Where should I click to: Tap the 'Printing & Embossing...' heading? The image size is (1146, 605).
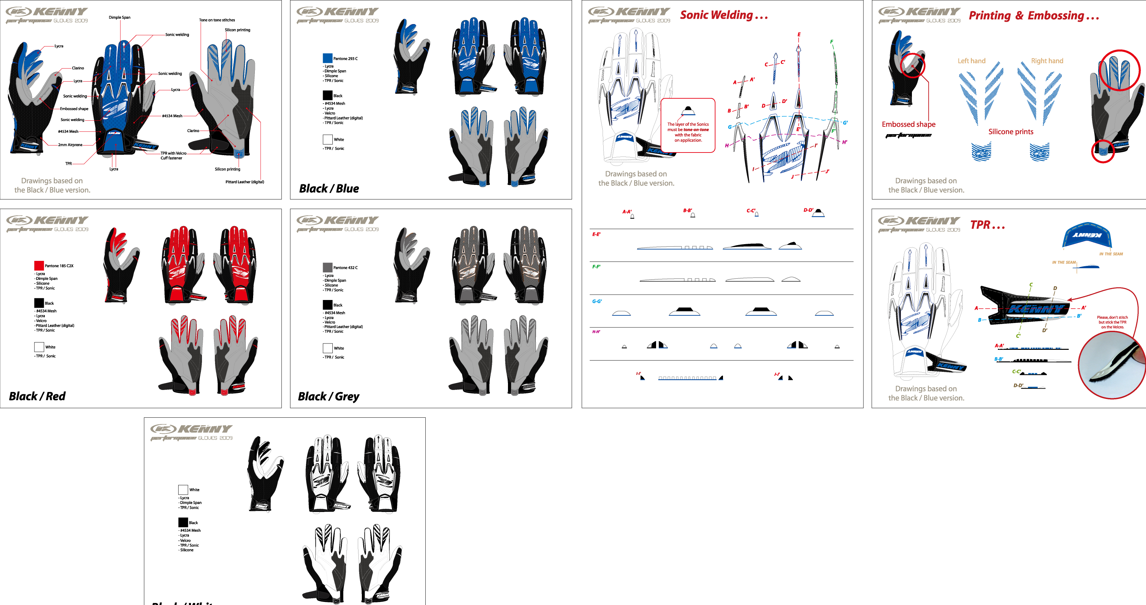point(1033,16)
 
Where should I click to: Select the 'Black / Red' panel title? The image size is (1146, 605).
point(37,396)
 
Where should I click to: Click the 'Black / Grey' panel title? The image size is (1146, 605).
point(329,396)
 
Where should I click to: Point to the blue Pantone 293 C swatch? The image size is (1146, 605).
point(327,58)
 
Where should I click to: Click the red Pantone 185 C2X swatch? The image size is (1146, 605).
point(39,266)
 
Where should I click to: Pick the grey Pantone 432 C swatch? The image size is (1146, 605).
point(327,267)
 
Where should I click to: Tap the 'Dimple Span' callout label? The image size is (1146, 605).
point(120,17)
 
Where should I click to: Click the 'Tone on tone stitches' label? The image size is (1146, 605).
point(217,20)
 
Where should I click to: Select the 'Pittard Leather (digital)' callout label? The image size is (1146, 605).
point(245,182)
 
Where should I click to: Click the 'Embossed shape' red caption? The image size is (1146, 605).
point(909,124)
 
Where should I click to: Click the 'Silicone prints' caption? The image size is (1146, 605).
point(1011,132)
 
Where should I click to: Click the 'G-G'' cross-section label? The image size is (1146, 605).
point(597,301)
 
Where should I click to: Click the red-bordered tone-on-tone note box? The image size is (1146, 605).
point(688,125)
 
